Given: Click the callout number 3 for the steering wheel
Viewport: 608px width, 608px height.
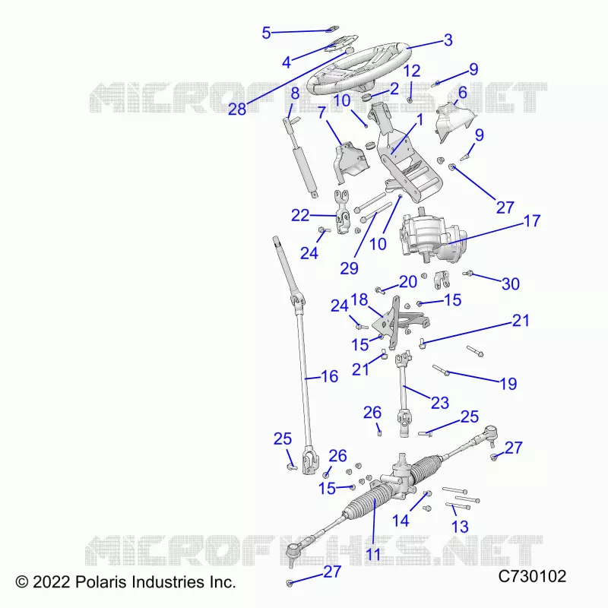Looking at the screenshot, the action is (448, 40).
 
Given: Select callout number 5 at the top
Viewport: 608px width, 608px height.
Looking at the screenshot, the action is (266, 33).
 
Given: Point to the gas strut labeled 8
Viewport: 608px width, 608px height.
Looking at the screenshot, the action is (301, 157).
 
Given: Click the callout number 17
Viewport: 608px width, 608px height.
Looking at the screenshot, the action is (531, 221).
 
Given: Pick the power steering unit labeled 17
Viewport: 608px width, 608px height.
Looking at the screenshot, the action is (432, 236).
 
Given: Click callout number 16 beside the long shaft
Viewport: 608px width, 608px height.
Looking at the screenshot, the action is (330, 376).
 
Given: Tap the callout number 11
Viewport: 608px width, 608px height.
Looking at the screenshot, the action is (373, 554).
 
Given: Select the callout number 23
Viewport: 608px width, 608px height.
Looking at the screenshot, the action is (440, 403).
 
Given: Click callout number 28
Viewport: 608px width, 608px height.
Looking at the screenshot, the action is (237, 109).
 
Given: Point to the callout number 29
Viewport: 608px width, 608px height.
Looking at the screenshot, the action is (349, 268).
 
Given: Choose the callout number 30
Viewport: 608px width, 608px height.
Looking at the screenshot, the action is (510, 284).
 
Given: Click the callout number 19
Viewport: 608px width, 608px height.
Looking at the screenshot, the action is (508, 384).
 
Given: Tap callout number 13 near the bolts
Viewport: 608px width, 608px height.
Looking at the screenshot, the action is (460, 527).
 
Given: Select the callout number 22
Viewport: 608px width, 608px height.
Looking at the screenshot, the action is (300, 216).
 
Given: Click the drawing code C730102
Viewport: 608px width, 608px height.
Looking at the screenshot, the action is (532, 577).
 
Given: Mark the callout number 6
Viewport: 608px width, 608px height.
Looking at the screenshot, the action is (462, 93).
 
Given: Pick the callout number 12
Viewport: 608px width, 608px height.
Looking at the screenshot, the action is (412, 71).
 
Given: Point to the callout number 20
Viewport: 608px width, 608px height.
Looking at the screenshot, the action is (408, 282).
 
